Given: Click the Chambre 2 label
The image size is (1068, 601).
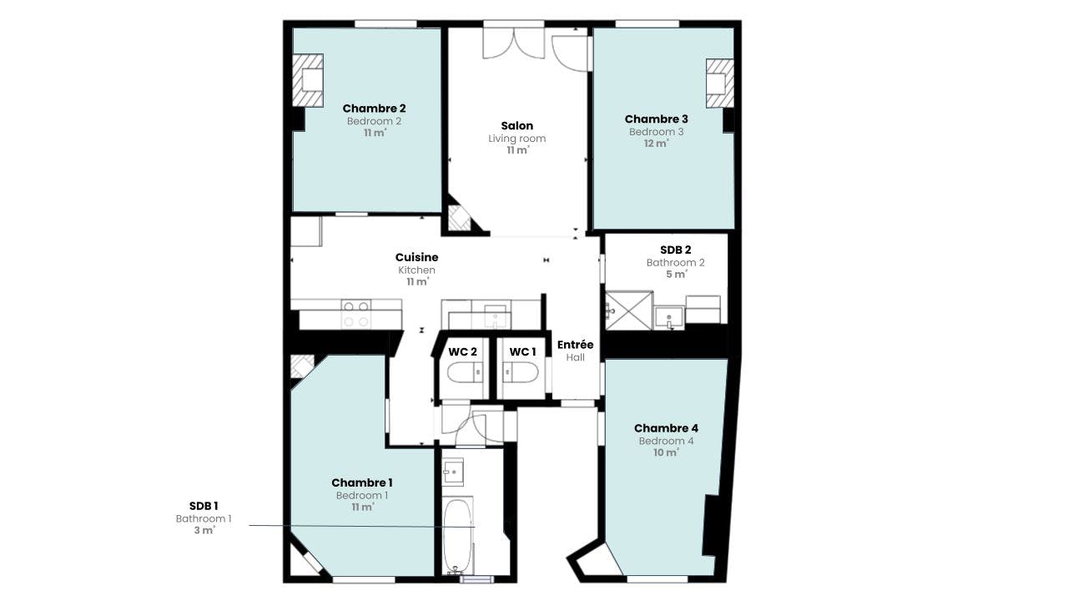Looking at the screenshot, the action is [374, 109].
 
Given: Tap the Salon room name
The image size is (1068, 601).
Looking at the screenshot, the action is [516, 126].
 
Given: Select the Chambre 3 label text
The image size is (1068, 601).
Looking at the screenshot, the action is [656, 119].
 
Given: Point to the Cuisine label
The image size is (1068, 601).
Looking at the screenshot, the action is [416, 258].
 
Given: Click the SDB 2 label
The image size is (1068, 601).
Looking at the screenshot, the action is [676, 250].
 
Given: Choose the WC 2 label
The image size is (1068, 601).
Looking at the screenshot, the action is [462, 352].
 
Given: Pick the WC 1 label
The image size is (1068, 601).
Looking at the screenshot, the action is [522, 352].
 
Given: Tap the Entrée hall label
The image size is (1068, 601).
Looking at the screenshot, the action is [576, 345].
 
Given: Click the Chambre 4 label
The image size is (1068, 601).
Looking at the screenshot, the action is [666, 428].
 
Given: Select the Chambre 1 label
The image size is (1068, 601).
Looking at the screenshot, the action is [362, 482].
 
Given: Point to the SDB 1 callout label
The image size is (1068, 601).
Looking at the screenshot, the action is [204, 506].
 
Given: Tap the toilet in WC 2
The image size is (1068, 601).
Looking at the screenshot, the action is [466, 372].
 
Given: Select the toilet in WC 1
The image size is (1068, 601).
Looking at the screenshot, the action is [521, 372].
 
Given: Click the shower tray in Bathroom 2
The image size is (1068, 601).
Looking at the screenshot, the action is [629, 311].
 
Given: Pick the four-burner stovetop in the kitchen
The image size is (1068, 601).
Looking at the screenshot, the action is [356, 314].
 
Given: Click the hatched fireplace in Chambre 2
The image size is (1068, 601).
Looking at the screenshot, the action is [308, 80].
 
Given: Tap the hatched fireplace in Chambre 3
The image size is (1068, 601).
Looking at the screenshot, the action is [720, 83].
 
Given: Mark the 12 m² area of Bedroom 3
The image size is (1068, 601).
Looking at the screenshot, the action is [657, 144].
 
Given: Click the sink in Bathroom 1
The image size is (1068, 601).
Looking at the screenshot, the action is [452, 472].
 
